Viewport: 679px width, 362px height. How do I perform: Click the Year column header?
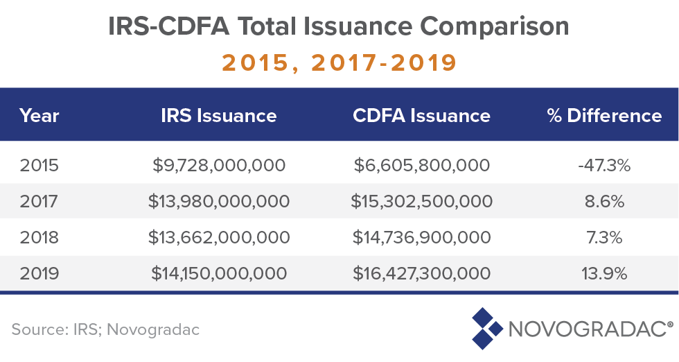(x=39, y=116)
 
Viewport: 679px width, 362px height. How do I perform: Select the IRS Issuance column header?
(x=218, y=116)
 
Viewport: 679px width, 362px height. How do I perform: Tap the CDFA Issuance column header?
(x=421, y=116)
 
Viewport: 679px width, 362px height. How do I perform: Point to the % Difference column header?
(x=604, y=116)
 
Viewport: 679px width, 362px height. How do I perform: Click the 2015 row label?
(x=39, y=165)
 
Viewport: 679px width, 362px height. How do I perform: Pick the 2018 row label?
(x=39, y=237)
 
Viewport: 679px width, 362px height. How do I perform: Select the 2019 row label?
(x=39, y=273)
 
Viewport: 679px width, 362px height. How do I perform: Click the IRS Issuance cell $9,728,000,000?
(x=218, y=165)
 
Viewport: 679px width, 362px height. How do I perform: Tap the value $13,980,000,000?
(x=218, y=201)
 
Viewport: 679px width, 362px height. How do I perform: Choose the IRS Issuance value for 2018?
(x=218, y=237)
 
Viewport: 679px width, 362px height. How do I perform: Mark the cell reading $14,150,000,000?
(x=218, y=273)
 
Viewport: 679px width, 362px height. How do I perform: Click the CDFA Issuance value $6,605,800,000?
(x=421, y=165)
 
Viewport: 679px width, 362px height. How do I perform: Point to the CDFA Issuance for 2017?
(x=421, y=201)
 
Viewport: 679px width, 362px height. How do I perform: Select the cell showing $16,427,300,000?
(x=421, y=273)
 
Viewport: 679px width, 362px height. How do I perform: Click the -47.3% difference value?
(x=604, y=165)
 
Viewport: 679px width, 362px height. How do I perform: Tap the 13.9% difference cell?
(x=604, y=273)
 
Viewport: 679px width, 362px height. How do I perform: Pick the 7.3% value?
(x=604, y=237)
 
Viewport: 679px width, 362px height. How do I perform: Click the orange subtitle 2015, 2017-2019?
(x=339, y=62)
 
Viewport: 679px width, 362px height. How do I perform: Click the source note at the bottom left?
(x=105, y=329)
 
